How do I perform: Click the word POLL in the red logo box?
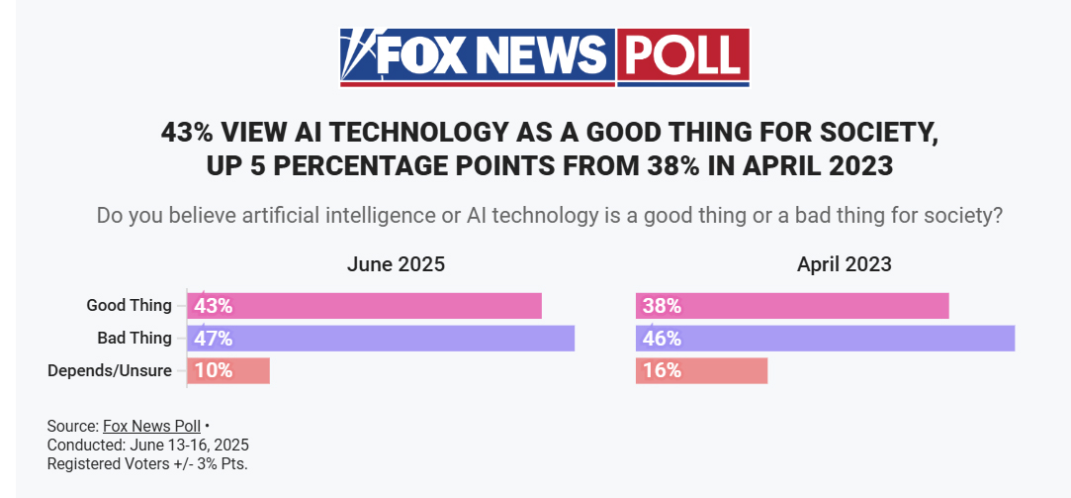(682, 55)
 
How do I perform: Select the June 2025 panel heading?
(396, 264)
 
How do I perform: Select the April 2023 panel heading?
(844, 264)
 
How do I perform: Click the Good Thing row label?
(129, 306)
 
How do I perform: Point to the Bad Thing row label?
(134, 339)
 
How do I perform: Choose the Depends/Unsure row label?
(110, 371)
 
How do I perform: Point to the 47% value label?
(214, 339)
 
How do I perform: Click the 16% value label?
(662, 371)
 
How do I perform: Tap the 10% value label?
(214, 371)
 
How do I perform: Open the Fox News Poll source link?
(151, 427)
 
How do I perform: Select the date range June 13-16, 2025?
(187, 445)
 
